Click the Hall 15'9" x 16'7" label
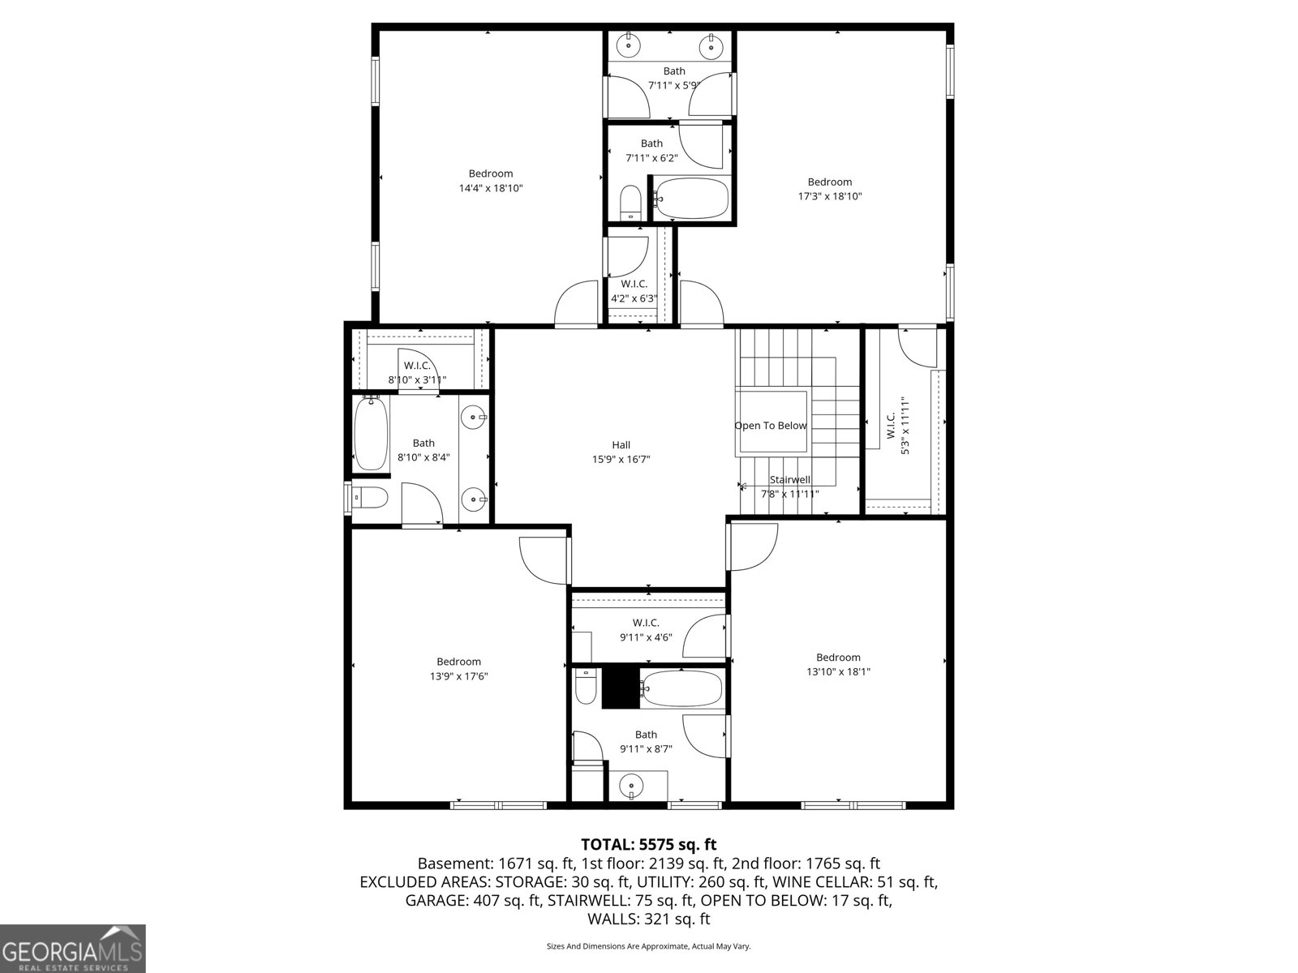(621, 452)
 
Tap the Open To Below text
(771, 426)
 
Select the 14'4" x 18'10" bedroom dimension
(491, 188)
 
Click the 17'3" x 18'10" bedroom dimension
(829, 196)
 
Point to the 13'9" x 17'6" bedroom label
(458, 669)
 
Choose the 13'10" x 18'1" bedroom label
(838, 664)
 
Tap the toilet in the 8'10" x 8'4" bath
(369, 497)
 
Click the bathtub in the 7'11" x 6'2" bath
(691, 198)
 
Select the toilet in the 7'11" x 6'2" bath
(630, 203)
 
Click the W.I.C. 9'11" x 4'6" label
(646, 630)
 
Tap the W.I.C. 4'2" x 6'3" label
(634, 290)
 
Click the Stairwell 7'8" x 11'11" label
(789, 486)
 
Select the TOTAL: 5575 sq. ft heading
(648, 845)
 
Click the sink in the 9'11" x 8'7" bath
(630, 785)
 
